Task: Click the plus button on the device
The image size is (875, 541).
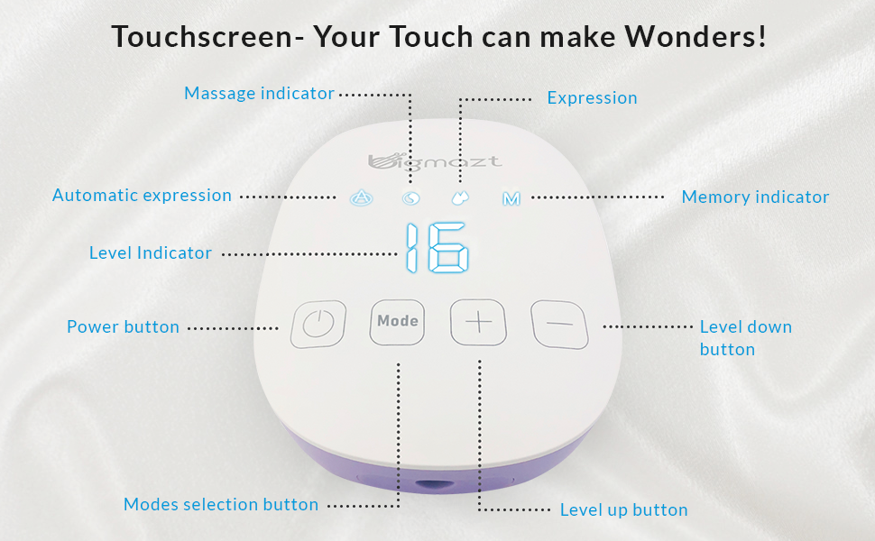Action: pos(479,322)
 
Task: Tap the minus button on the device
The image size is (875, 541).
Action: pos(559,324)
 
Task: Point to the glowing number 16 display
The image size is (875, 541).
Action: pos(437,250)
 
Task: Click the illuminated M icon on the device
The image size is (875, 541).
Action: pos(511,197)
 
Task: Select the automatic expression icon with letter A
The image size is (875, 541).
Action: pos(360,197)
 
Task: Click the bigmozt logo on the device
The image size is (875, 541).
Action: pos(436,161)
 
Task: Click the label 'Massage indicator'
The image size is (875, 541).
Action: pos(259,93)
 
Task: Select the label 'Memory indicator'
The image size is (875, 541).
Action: pos(755,197)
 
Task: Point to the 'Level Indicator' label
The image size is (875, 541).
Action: pos(151,253)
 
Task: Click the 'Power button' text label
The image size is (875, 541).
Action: pos(123,326)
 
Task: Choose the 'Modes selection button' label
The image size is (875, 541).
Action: pos(221,504)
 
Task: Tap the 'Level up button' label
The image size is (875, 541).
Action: pos(623,509)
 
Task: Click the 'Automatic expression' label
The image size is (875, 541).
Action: pos(142,195)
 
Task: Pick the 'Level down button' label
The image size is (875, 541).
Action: pos(745,337)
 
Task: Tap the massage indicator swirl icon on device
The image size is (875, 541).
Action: pos(410,198)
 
